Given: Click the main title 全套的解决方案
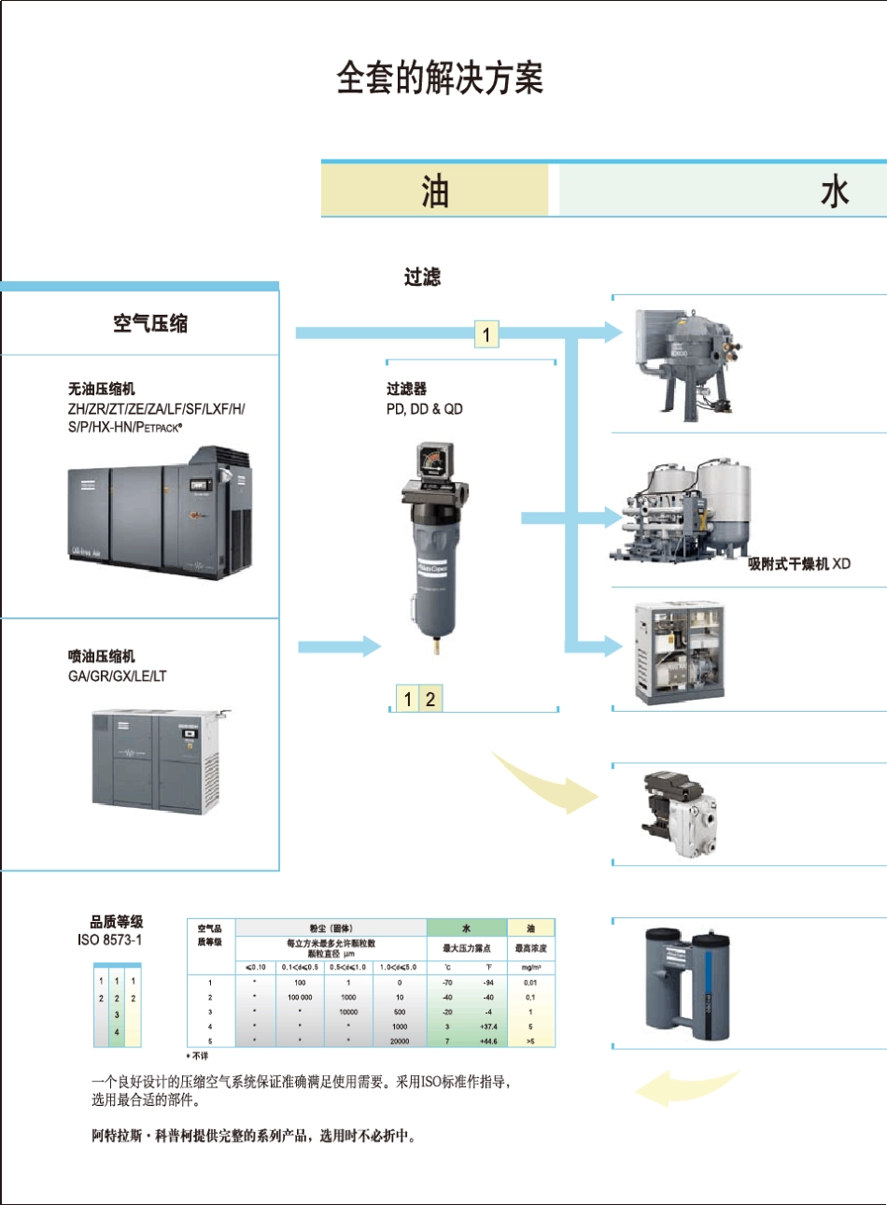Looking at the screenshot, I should click(440, 78).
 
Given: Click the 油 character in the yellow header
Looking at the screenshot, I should click(435, 191).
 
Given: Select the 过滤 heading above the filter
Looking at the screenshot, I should click(422, 276).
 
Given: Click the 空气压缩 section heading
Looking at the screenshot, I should click(150, 323).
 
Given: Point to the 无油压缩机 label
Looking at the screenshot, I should click(101, 389).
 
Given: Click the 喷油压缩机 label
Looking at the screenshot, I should click(101, 656).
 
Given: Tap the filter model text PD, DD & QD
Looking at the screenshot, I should click(425, 409).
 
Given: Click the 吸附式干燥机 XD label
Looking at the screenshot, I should click(799, 563).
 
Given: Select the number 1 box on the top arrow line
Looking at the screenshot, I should click(486, 334).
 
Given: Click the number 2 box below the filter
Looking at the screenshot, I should click(430, 699).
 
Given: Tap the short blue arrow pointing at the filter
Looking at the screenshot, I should click(339, 645).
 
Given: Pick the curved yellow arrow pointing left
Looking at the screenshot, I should click(682, 1088).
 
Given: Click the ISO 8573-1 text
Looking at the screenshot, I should click(110, 940).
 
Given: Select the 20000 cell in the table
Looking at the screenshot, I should click(400, 1042).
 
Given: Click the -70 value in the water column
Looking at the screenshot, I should click(447, 983).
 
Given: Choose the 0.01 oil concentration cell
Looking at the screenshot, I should click(530, 983).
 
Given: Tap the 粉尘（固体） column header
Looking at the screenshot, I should click(331, 929).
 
